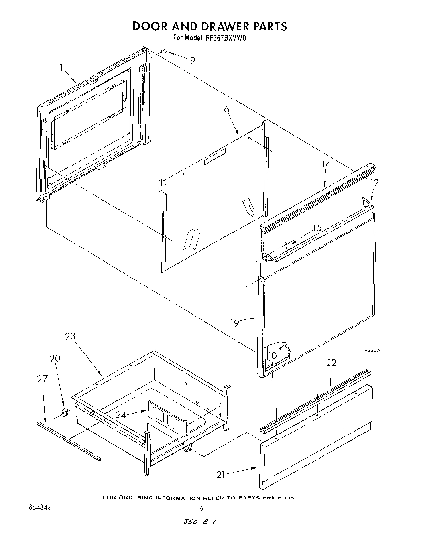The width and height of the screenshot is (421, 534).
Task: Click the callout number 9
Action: coord(193,61)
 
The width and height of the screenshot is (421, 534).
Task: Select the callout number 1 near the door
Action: coord(62,68)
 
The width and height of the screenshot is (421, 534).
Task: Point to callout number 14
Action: coord(326,164)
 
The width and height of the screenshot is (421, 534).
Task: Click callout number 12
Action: coord(374,183)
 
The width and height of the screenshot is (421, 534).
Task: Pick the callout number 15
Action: coord(317,228)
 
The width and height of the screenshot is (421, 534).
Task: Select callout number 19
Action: coord(235,323)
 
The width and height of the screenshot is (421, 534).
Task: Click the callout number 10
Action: coord(273,355)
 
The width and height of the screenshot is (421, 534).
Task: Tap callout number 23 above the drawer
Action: coord(70,337)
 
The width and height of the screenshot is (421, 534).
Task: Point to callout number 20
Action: coord(55,359)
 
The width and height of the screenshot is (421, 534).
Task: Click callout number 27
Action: coord(43,379)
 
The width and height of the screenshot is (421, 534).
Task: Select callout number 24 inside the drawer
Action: coord(122,415)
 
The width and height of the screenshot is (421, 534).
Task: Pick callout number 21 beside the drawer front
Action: coord(222,474)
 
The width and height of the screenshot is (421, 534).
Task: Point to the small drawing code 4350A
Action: coord(372,351)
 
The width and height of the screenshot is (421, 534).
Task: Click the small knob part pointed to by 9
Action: coord(163,51)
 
